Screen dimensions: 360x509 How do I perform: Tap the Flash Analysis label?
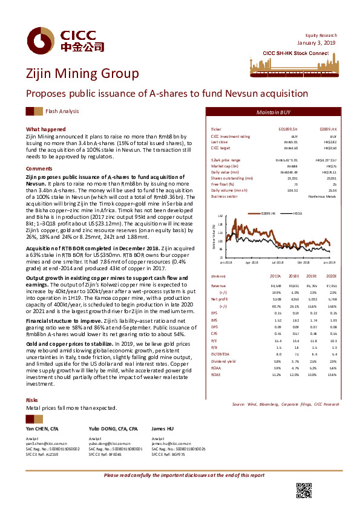(61, 111)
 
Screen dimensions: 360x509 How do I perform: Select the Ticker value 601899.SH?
(286, 130)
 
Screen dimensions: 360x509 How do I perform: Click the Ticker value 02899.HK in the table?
(327, 130)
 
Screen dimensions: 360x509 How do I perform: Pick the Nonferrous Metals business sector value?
(321, 196)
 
